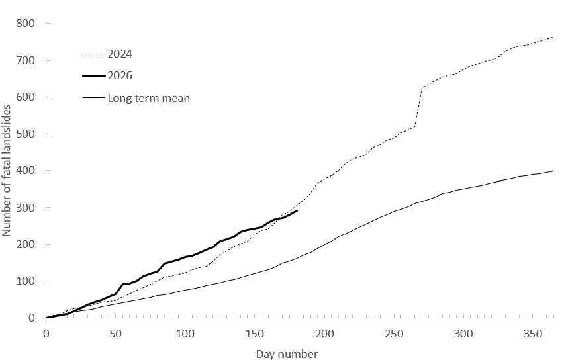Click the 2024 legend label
[x=120, y=54]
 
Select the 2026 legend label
[x=120, y=76]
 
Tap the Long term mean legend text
[x=149, y=98]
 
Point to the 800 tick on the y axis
[x=25, y=24]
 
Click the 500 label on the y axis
[x=25, y=134]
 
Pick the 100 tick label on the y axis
[x=25, y=281]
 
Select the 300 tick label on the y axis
[x=25, y=208]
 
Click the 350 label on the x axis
[x=533, y=334]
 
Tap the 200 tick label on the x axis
[x=324, y=334]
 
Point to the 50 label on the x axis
[x=115, y=334]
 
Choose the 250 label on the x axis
[x=394, y=334]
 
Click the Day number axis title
[x=287, y=354]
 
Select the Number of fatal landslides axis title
[x=6, y=171]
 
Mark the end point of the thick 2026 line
[x=297, y=210]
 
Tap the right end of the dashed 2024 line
[x=553, y=37]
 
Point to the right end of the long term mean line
[x=553, y=171]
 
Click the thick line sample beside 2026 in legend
[x=94, y=76]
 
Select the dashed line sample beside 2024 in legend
[x=94, y=54]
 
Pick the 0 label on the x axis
[x=46, y=334]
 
